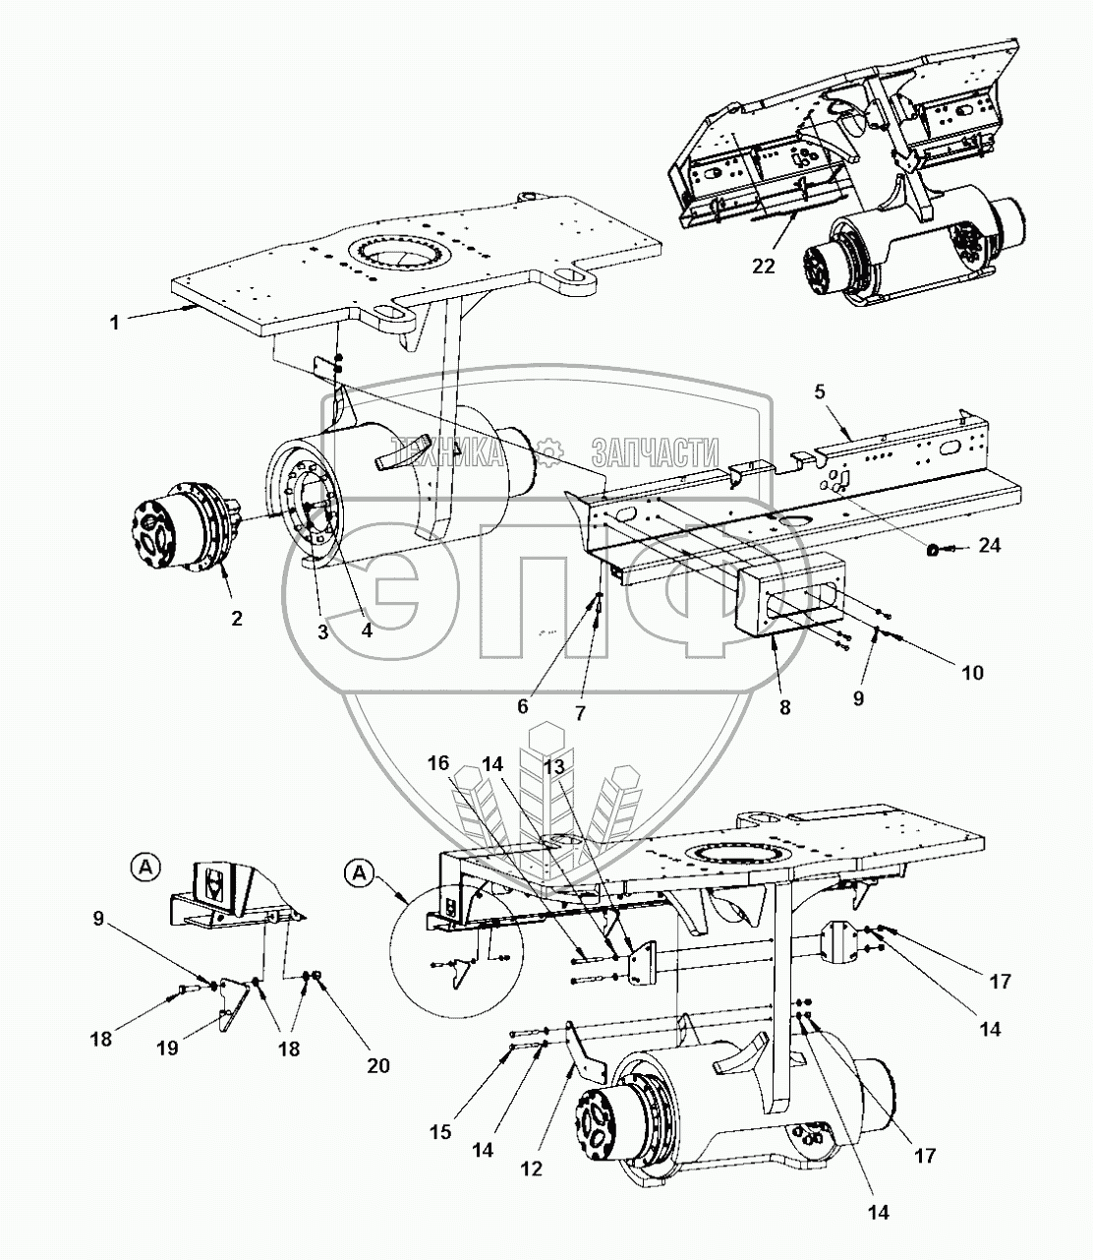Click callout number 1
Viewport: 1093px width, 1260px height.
115,322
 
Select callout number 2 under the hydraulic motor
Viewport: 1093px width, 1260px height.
237,618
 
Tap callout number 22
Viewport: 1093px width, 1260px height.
764,266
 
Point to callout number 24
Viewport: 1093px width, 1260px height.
990,544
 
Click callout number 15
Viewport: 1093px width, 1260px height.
441,1132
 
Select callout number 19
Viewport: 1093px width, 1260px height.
168,1048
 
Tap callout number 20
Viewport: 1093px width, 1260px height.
378,1065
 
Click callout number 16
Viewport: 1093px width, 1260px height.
438,762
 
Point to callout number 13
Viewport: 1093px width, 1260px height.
554,766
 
